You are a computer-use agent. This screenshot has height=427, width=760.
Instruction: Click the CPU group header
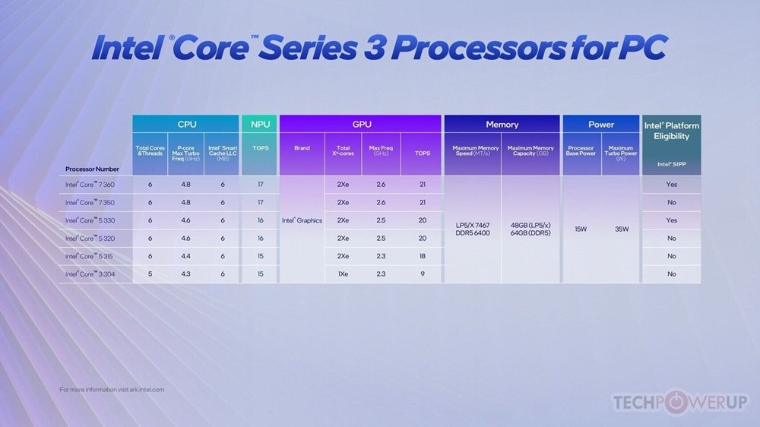[186, 124]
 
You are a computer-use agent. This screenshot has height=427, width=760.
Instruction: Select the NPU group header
[260, 124]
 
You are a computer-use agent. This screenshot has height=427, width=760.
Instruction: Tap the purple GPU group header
[360, 124]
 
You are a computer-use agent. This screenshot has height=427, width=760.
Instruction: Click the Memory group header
[502, 124]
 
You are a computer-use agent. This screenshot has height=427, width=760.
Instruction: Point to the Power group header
[601, 124]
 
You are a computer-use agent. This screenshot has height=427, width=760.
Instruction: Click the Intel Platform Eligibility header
[672, 131]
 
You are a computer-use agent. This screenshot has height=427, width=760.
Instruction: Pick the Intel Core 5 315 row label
[90, 256]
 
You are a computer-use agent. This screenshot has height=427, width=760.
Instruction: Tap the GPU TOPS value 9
[422, 274]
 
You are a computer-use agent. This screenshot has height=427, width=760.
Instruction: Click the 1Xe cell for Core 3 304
[344, 274]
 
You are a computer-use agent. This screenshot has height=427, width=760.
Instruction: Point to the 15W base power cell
[581, 229]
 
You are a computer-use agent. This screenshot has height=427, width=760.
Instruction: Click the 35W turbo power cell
[621, 229]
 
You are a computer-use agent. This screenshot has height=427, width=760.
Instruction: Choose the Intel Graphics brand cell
[302, 220]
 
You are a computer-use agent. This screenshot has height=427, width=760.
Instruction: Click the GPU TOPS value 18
[422, 256]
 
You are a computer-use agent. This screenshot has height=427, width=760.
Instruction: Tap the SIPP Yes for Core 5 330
[672, 220]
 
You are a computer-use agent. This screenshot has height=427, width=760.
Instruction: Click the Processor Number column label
[90, 169]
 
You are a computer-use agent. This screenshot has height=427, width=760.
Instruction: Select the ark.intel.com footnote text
[112, 389]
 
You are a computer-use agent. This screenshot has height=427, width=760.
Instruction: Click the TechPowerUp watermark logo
[680, 402]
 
